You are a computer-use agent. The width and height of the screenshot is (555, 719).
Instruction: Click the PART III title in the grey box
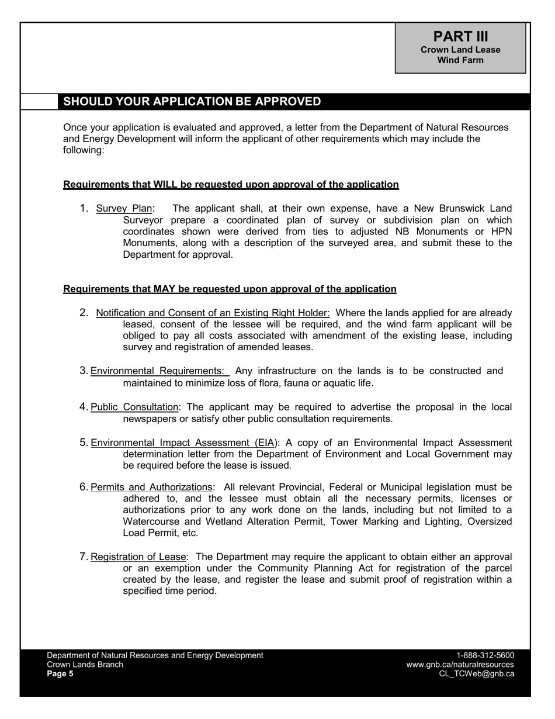tap(460, 36)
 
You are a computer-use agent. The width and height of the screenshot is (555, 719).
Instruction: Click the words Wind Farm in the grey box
tap(460, 60)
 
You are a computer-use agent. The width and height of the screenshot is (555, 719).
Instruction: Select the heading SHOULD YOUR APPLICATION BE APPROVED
tap(192, 101)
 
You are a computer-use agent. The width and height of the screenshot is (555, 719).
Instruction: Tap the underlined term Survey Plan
tap(124, 209)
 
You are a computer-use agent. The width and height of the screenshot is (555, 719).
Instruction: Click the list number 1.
tap(84, 209)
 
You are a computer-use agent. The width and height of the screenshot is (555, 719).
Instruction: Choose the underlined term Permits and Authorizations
tap(151, 488)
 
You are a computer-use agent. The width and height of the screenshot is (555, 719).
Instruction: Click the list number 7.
tap(84, 557)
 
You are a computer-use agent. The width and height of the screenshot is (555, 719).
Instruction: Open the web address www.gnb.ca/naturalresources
tap(460, 665)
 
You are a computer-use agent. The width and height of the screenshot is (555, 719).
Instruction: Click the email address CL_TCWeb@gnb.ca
tap(476, 673)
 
